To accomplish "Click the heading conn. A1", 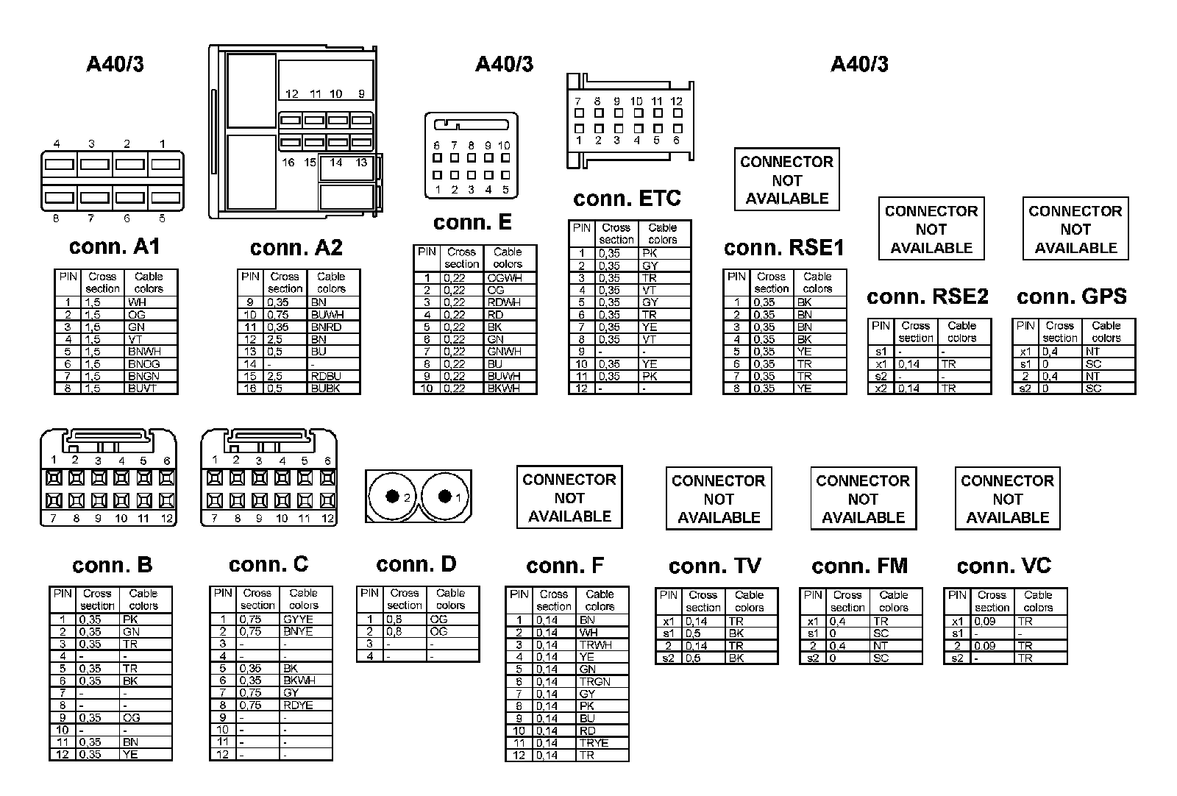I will tap(114, 246).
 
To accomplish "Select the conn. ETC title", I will tap(627, 199).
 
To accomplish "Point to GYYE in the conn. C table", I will tap(298, 619).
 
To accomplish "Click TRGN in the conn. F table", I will tap(594, 681).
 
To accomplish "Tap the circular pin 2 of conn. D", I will tap(392, 497).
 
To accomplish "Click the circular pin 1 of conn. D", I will tap(444, 497).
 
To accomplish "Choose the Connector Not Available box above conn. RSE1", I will tap(786, 180).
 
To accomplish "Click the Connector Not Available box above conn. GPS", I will tap(1075, 229).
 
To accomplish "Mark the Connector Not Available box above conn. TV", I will tap(718, 499).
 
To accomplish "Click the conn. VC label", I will tap(1004, 566).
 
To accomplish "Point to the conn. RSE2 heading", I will tap(928, 296).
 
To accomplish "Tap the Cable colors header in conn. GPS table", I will tap(1106, 332).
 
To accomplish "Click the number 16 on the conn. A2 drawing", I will tap(288, 163).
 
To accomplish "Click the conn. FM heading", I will tap(859, 566).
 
